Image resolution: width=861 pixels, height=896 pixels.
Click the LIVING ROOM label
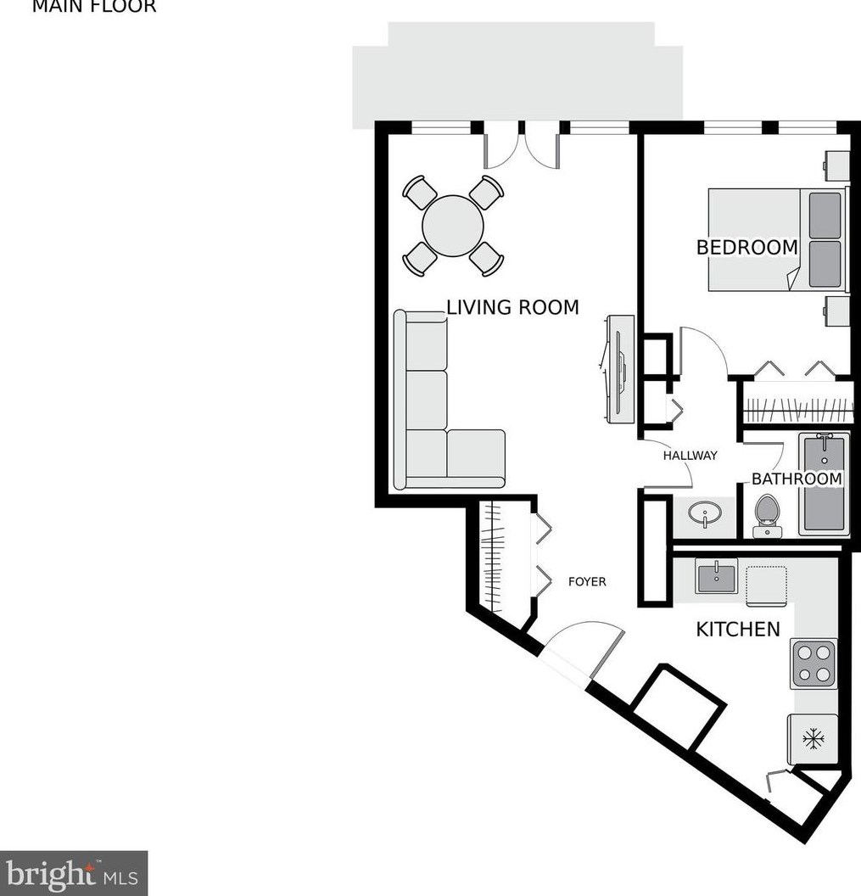(x=512, y=307)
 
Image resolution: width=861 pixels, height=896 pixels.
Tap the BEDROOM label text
(x=746, y=248)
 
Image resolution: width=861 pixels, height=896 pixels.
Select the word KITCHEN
(x=737, y=629)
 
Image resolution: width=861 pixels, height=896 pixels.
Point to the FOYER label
(x=587, y=581)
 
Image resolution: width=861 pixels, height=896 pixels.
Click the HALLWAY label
(x=690, y=456)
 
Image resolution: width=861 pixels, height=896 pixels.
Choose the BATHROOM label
(x=797, y=479)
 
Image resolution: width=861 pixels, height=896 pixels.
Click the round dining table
(x=453, y=226)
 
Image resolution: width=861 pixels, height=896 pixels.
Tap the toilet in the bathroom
(x=767, y=515)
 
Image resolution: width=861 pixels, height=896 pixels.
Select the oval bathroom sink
(x=705, y=514)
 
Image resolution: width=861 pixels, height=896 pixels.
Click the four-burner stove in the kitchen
(x=813, y=664)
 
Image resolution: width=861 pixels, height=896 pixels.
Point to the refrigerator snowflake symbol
(x=813, y=739)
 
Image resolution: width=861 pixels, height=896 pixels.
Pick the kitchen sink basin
(x=716, y=577)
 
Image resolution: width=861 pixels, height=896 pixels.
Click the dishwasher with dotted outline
(x=766, y=585)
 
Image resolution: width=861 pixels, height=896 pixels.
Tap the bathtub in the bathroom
(x=823, y=484)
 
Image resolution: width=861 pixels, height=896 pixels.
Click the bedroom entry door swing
(x=702, y=352)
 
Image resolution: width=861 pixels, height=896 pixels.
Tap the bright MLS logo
(x=74, y=872)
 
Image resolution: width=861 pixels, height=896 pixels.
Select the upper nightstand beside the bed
(x=837, y=165)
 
